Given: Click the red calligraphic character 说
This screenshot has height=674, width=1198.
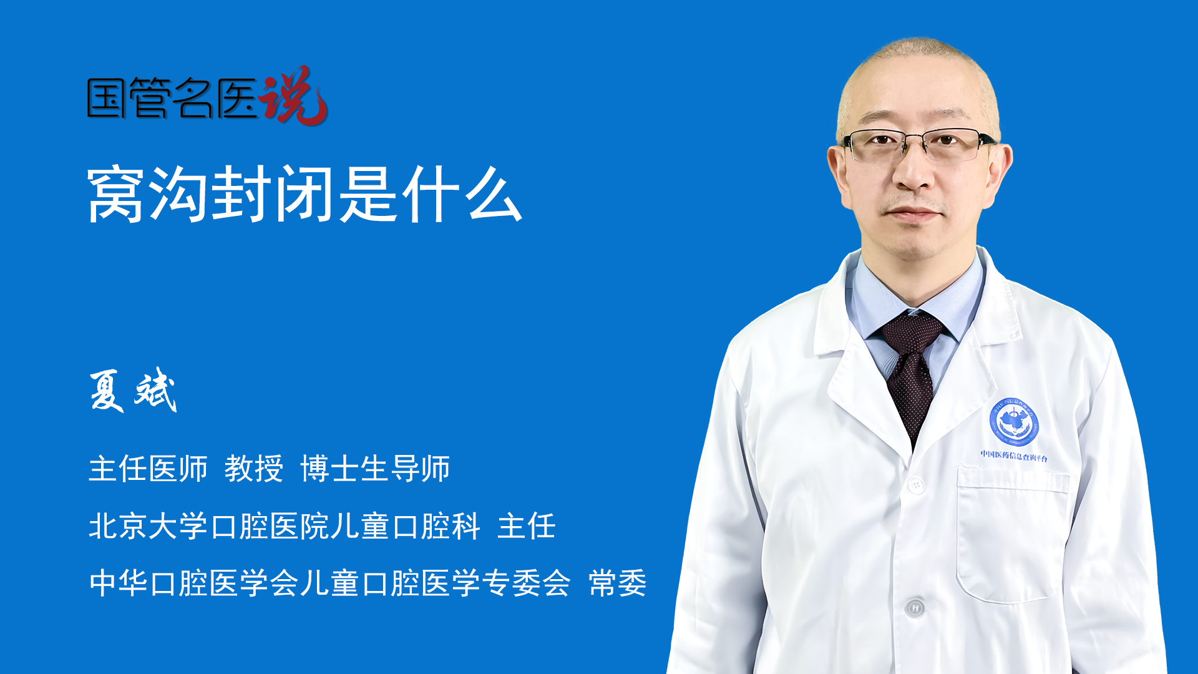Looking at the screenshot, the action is click(x=293, y=95).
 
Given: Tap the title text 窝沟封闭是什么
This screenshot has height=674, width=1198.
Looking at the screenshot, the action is click(x=305, y=194).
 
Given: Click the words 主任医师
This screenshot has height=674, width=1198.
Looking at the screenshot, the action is click(x=148, y=469).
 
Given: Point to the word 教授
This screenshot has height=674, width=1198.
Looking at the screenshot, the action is click(x=254, y=469).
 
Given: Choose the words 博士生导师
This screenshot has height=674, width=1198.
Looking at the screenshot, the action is click(x=375, y=469).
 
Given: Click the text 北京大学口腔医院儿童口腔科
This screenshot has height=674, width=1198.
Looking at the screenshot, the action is click(x=285, y=526).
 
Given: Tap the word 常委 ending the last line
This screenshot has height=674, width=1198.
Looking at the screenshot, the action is click(x=618, y=584).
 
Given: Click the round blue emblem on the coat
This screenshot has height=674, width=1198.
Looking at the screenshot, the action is click(x=1014, y=422).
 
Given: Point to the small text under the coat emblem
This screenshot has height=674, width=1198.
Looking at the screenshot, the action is click(x=1014, y=456).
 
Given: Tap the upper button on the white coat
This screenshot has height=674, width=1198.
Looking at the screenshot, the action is click(x=916, y=484).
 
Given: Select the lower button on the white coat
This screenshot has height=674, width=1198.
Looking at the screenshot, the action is click(x=915, y=607).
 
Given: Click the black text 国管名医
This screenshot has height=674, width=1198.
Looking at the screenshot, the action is click(x=172, y=99).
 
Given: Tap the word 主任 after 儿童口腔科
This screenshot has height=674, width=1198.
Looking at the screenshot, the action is click(x=527, y=526).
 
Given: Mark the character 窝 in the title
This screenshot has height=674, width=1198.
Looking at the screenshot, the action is click(x=117, y=194).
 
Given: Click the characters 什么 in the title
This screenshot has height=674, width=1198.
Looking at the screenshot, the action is click(x=463, y=194).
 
